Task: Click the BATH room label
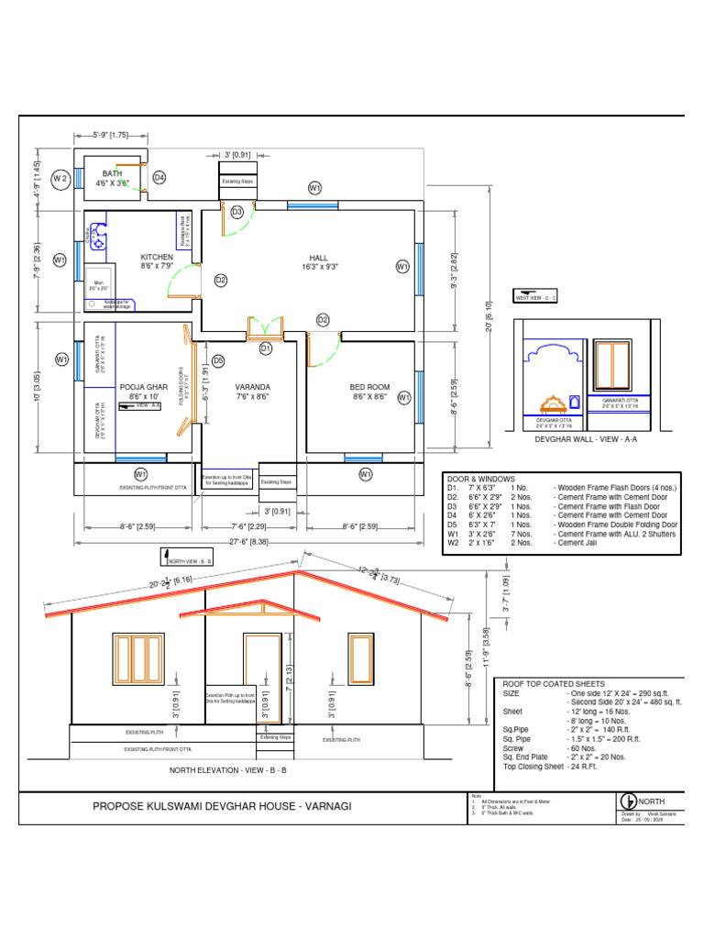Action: coord(112,172)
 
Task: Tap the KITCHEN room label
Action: coord(157,258)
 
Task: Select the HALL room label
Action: coord(318,258)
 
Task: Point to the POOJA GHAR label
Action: coord(144,388)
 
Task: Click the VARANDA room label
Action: coord(252,388)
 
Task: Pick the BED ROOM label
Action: coord(369,388)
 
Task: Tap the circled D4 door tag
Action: coord(159,177)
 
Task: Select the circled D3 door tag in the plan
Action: coord(237,212)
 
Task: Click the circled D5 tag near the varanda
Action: coord(218,360)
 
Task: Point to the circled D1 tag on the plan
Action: coord(266,348)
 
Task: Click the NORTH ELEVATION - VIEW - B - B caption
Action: coord(228,770)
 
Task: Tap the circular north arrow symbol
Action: coord(629,801)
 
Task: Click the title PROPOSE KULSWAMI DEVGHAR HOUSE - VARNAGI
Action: coord(221,806)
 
